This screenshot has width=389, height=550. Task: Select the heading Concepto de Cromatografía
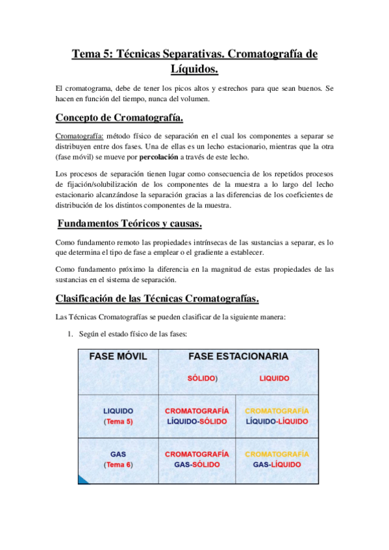119,117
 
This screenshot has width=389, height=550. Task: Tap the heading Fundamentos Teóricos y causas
130,224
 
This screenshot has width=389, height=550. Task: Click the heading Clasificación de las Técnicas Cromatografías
158,298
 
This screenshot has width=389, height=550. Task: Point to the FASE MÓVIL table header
118,357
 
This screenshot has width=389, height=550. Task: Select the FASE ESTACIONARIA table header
238,357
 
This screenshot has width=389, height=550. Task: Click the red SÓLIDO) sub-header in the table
203,378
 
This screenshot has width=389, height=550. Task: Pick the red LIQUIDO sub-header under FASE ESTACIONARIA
274,378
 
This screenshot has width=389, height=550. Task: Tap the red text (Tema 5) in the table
118,422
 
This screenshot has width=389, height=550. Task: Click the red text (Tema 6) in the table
118,465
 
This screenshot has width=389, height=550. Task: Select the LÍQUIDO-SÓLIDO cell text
197,422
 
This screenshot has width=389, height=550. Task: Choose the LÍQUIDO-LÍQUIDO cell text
277,422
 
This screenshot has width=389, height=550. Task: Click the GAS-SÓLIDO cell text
197,465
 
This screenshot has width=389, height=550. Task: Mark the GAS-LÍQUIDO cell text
277,465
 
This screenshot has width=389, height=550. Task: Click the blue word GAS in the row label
118,455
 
